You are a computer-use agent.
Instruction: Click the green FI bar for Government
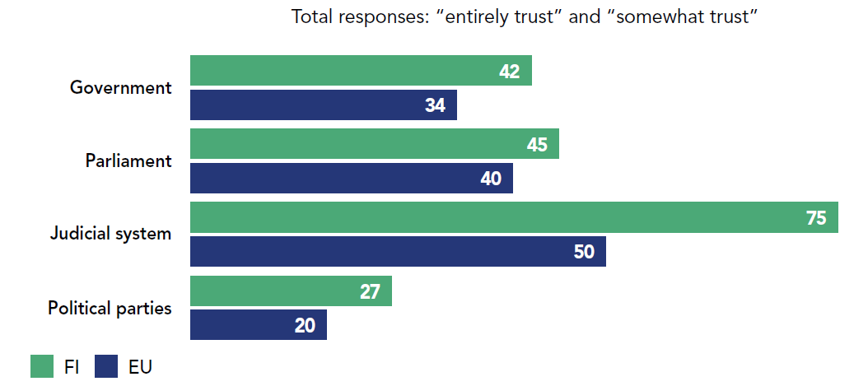pos(361,71)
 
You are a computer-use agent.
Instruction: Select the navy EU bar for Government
pos(323,105)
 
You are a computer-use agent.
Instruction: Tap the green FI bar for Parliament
pos(374,144)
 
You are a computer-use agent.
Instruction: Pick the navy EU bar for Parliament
pos(351,179)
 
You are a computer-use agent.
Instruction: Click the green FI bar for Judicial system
pos(514,217)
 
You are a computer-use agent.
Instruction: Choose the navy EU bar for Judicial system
pos(398,252)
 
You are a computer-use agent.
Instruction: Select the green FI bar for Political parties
pos(291,291)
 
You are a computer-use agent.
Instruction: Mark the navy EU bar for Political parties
pos(258,325)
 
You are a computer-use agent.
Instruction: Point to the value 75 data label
pos(816,218)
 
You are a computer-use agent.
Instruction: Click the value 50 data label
pos(584,252)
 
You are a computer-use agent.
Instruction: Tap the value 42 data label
pos(510,72)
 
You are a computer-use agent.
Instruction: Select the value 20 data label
pos(305,326)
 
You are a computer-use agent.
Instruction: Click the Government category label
pos(121,87)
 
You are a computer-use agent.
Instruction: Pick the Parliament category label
pos(128,160)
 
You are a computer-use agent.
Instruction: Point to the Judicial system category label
pos(110,234)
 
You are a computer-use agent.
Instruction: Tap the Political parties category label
pos(110,309)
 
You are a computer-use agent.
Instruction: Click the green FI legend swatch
pos(42,366)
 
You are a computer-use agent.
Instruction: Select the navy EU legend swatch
pos(107,366)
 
